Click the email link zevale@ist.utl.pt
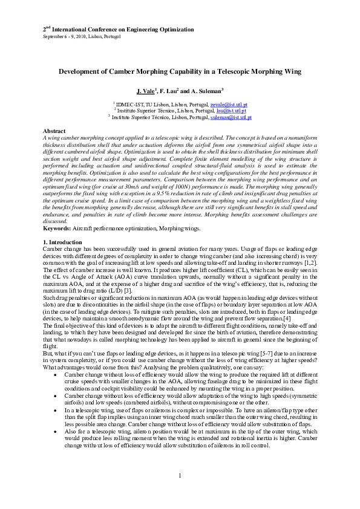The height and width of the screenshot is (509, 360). pos(226,105)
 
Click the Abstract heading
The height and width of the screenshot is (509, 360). pos(54,131)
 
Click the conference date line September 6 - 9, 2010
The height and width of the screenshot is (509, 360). pos(81,36)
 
